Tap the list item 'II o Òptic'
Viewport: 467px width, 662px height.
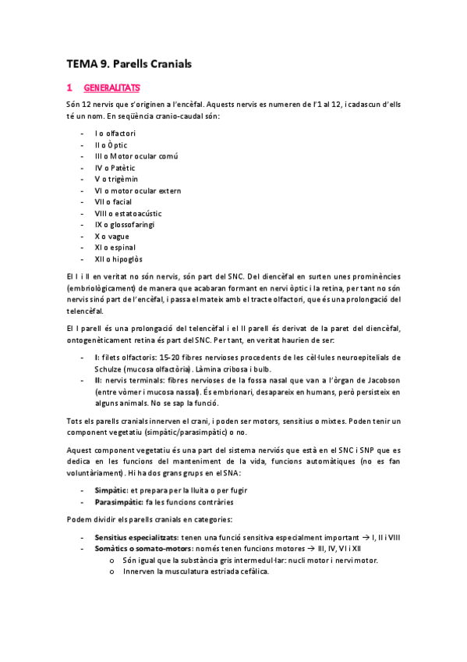111,144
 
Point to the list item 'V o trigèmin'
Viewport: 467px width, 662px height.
116,179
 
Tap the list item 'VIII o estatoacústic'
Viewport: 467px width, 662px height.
126,213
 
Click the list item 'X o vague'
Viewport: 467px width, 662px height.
112,236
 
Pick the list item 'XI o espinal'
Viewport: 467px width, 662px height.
115,247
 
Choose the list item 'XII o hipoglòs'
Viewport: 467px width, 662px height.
119,259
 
